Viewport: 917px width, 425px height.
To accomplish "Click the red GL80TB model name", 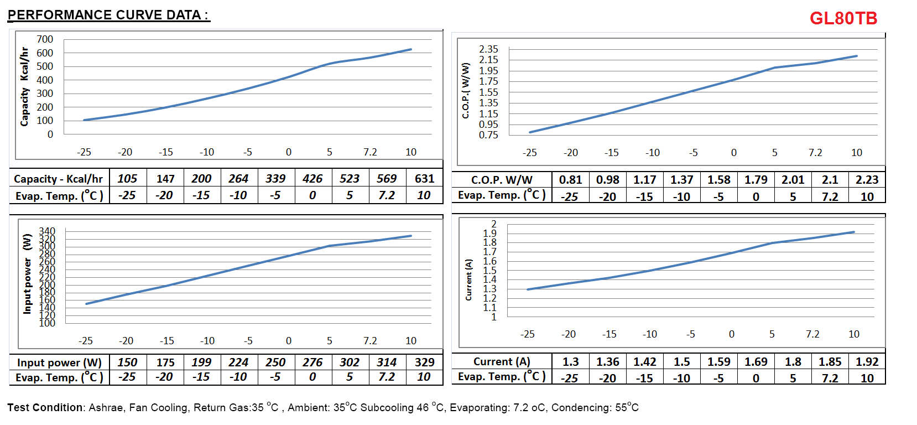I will tap(843, 18).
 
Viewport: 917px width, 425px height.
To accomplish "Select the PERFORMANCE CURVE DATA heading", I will tap(108, 15).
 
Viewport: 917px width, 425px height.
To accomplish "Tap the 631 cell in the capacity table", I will tap(424, 179).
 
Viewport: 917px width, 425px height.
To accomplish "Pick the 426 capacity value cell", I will tap(312, 179).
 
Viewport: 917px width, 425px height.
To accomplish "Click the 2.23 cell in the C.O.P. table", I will tap(867, 180).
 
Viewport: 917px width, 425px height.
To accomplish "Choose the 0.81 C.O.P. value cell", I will tap(570, 180).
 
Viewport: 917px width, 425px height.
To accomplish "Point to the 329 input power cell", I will tap(424, 362).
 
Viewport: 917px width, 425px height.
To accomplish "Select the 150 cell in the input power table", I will tap(127, 362).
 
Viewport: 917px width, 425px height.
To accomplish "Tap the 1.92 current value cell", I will tap(867, 362).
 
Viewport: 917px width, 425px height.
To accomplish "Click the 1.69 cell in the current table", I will tap(756, 362).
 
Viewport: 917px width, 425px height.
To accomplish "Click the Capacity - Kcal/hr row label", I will tap(58, 179).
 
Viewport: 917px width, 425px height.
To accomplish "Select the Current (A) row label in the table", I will tap(502, 362).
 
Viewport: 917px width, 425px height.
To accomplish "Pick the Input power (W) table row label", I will tap(59, 362).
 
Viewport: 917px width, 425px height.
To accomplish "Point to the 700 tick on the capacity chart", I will tap(45, 39).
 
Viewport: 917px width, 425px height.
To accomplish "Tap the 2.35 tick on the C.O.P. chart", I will tap(488, 49).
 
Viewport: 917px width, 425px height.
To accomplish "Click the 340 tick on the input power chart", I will tap(47, 231).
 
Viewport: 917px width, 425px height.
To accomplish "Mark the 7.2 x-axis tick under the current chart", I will tap(812, 334).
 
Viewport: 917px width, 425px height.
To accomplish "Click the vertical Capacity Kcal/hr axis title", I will tap(24, 86).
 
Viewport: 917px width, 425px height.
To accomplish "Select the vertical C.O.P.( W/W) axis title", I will tap(466, 91).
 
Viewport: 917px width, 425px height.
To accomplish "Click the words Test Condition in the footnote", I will tap(45, 408).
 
